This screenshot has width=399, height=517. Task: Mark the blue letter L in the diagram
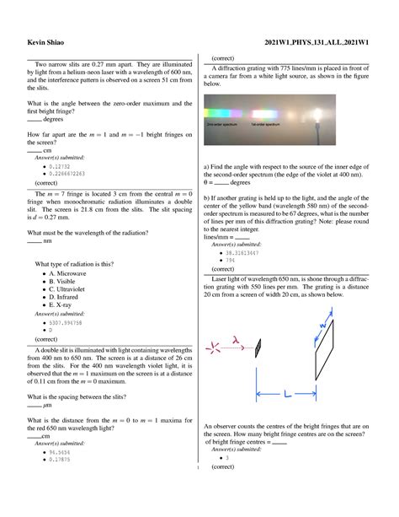pos(286,393)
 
